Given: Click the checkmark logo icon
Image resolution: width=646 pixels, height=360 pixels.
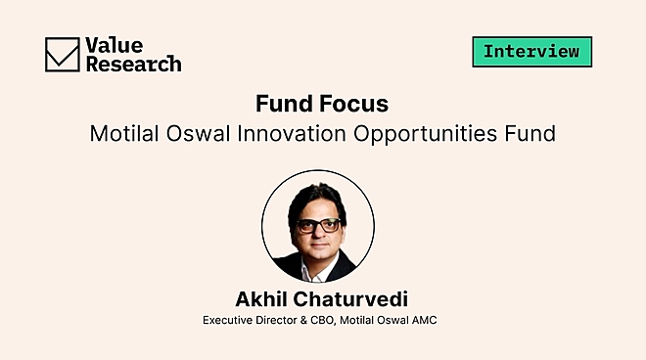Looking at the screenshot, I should pyautogui.click(x=62, y=54).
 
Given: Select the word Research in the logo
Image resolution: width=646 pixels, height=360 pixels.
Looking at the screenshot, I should pyautogui.click(x=134, y=64).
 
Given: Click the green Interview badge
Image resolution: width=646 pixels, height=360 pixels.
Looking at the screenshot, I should pyautogui.click(x=531, y=51).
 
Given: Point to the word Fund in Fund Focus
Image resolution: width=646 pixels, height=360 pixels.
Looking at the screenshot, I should pyautogui.click(x=283, y=104).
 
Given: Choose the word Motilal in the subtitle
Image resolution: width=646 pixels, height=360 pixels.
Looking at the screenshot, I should pyautogui.click(x=125, y=134).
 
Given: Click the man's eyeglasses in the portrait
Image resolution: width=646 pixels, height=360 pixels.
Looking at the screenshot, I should pyautogui.click(x=317, y=224).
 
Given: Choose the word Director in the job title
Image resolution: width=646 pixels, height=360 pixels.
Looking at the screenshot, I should pyautogui.click(x=282, y=320).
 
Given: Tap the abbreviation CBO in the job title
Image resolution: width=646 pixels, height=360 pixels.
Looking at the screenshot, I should pyautogui.click(x=334, y=320).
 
